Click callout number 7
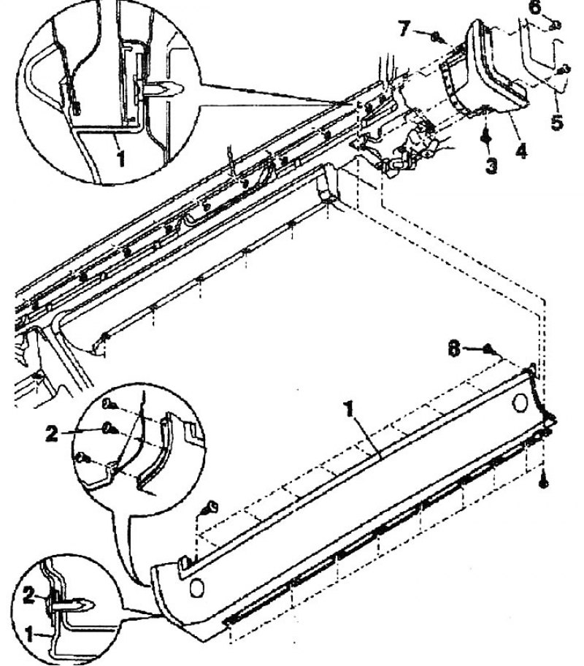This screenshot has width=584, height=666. click(x=404, y=29)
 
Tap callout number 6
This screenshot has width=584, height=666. click(x=536, y=7)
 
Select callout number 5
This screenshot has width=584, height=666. click(x=557, y=122)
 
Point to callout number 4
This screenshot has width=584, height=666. click(x=520, y=150)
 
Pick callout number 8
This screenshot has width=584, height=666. click(x=454, y=350)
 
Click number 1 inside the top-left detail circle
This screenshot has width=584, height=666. click(x=121, y=159)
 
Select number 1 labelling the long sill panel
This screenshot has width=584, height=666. click(x=349, y=410)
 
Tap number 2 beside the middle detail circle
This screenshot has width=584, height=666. click(x=51, y=434)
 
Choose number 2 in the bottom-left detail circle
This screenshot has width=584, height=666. click(x=28, y=595)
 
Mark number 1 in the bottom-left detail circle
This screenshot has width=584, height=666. click(x=29, y=635)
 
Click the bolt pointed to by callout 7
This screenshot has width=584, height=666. click(x=436, y=38)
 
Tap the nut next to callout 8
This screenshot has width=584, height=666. click(x=488, y=349)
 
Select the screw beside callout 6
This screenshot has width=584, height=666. click(x=556, y=26)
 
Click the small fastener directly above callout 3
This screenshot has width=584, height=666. click(x=485, y=138)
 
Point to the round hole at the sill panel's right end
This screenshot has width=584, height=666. click(x=520, y=403)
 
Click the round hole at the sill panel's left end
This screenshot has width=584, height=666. click(x=196, y=588)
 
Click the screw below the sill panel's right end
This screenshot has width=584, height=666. click(x=544, y=483)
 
